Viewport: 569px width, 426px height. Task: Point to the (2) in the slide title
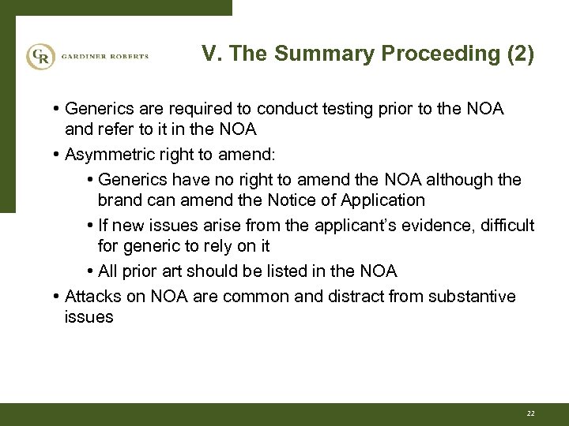click(518, 54)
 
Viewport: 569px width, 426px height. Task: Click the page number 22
click(529, 413)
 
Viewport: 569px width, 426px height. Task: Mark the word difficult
click(505, 226)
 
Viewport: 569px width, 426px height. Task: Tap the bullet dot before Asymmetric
click(58, 152)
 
